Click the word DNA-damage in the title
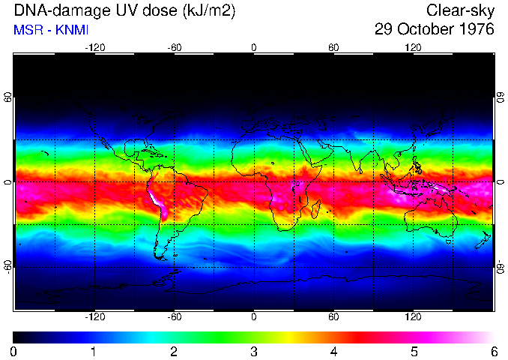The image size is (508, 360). [x=57, y=10]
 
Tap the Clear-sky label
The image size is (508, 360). [x=460, y=10]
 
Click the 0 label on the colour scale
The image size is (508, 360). [x=13, y=351]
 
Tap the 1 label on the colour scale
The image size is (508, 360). [x=94, y=351]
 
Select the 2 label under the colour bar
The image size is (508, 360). [x=174, y=351]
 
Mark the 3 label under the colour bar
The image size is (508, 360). [x=254, y=351]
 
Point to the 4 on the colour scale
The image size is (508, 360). [x=333, y=351]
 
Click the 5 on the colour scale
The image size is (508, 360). [x=414, y=351]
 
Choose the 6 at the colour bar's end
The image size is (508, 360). [x=493, y=351]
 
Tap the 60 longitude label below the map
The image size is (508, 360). [x=334, y=316]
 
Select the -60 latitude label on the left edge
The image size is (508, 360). [x=8, y=266]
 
